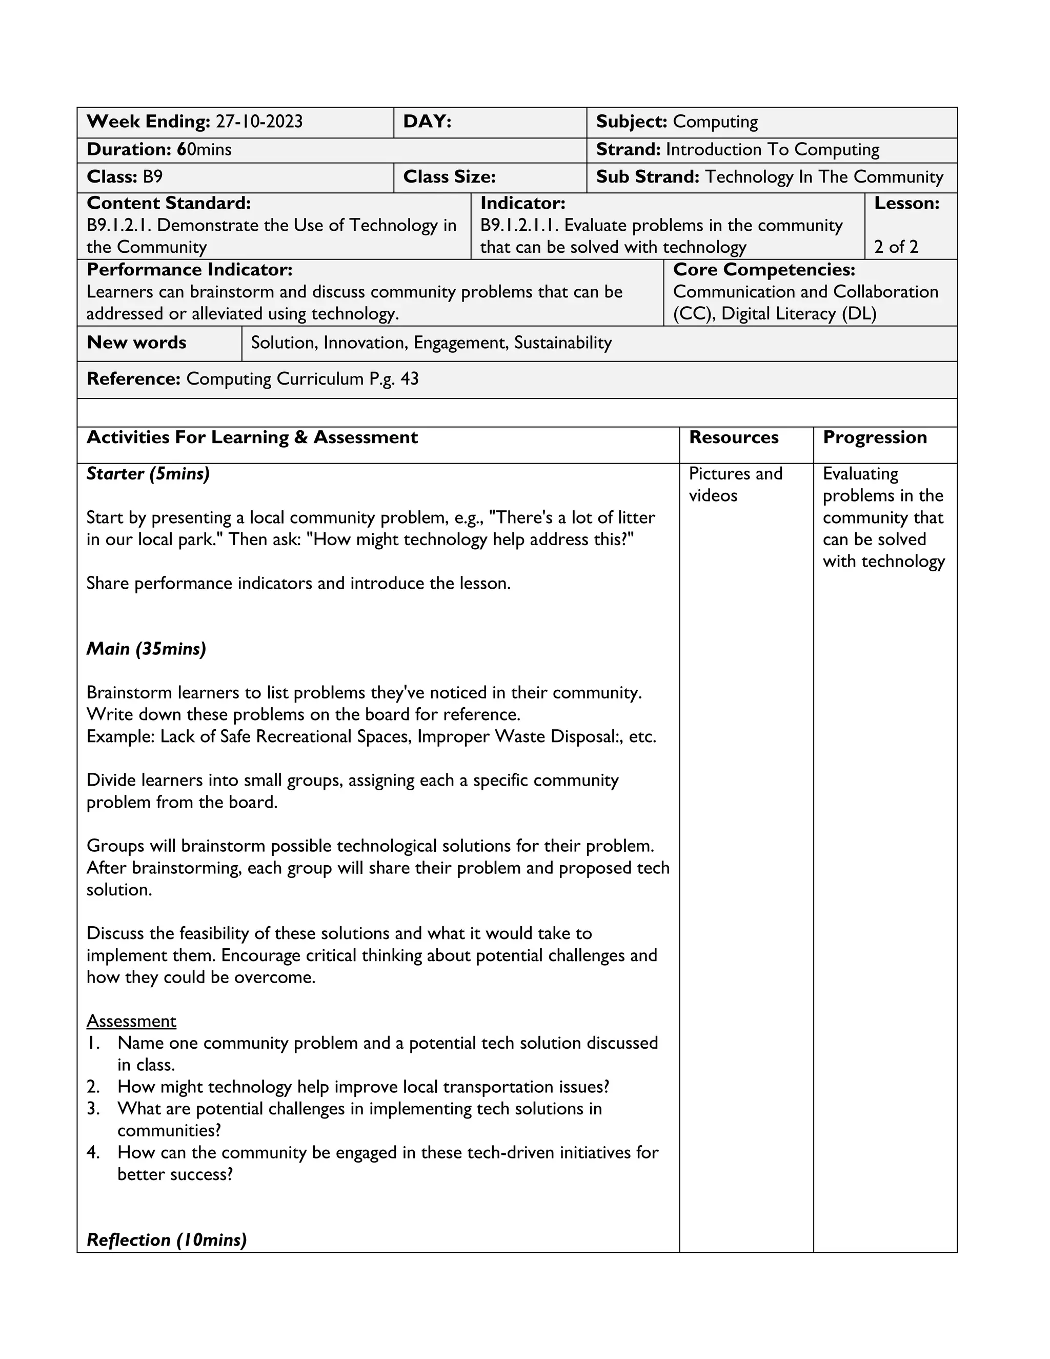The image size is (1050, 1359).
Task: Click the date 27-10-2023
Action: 259,122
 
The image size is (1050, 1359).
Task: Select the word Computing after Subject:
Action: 715,122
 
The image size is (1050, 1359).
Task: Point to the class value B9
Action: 152,177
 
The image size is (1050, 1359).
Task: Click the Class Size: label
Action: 449,177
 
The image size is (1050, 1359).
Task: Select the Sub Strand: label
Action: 648,177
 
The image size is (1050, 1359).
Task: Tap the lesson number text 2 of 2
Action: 896,247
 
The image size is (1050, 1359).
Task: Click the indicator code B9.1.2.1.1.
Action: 519,225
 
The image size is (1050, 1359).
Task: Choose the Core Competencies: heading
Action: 764,269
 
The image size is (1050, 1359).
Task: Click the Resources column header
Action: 733,437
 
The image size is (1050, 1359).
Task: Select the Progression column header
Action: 875,437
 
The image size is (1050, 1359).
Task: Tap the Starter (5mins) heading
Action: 148,474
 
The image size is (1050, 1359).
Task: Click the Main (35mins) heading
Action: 146,649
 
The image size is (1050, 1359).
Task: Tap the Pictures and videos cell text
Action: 735,485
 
